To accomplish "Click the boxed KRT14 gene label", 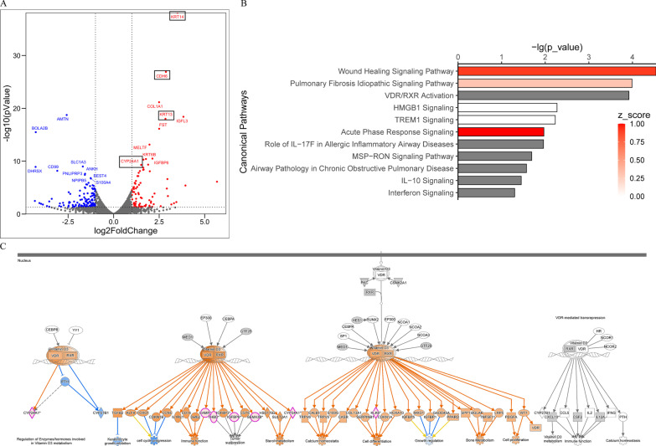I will tap(177, 16).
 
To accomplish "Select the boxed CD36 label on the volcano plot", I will tap(163, 75).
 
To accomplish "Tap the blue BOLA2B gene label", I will tap(40, 128).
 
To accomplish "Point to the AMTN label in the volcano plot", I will tap(62, 119).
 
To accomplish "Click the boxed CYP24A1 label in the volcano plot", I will tap(130, 161).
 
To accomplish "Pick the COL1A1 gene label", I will tap(155, 106).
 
